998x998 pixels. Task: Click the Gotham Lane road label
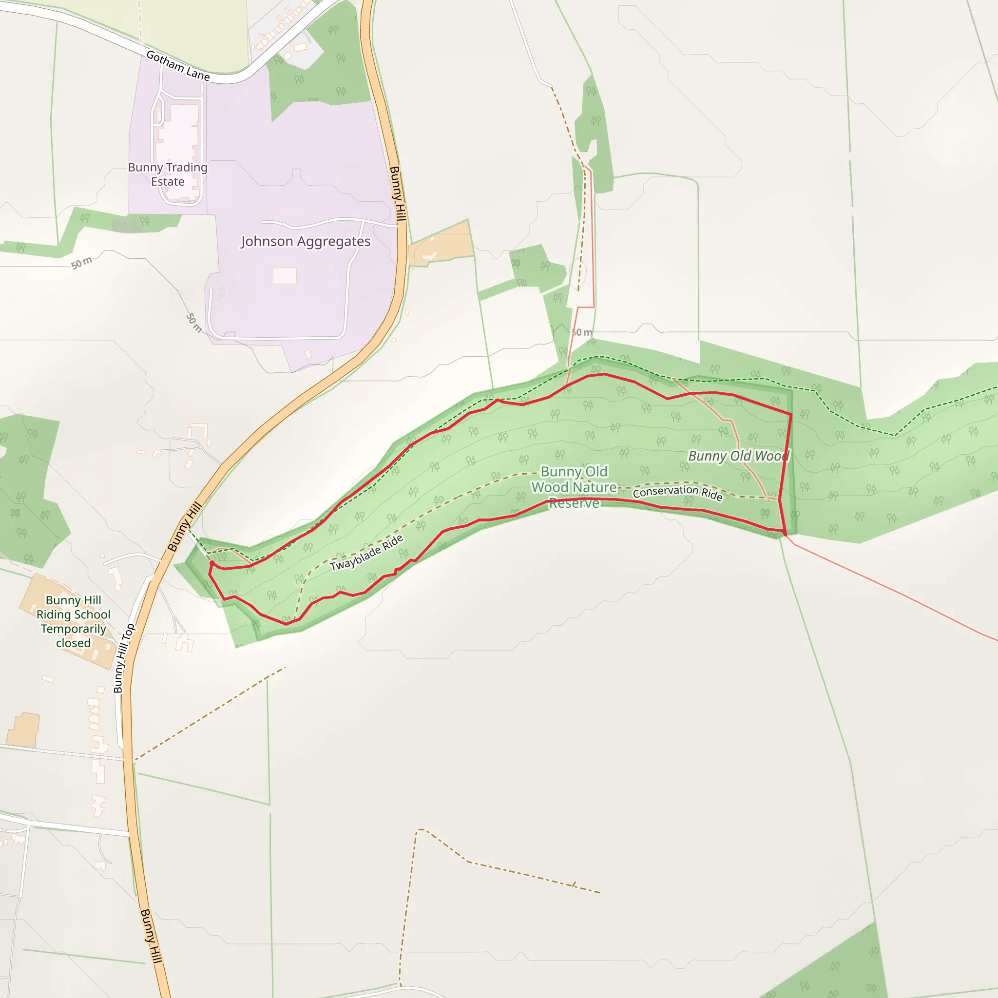click(x=178, y=66)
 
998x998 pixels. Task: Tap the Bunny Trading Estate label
click(x=168, y=174)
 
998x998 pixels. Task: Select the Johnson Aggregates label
click(x=305, y=241)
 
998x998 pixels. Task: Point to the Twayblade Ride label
click(x=367, y=553)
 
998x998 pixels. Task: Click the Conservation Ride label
click(x=677, y=492)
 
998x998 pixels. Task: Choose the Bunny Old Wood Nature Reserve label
click(x=574, y=487)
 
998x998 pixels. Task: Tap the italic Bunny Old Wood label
click(x=739, y=456)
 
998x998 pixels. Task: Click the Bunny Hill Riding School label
click(x=74, y=621)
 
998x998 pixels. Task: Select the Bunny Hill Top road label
click(x=124, y=657)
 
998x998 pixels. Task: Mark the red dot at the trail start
click(x=212, y=563)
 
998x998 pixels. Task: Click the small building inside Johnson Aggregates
click(x=285, y=275)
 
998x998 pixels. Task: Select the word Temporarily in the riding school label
click(x=74, y=629)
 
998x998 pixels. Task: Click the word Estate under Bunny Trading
click(x=168, y=182)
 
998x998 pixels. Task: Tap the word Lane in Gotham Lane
click(x=198, y=74)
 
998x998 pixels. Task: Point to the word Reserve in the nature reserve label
click(x=574, y=502)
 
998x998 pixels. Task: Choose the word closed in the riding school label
click(x=74, y=643)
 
